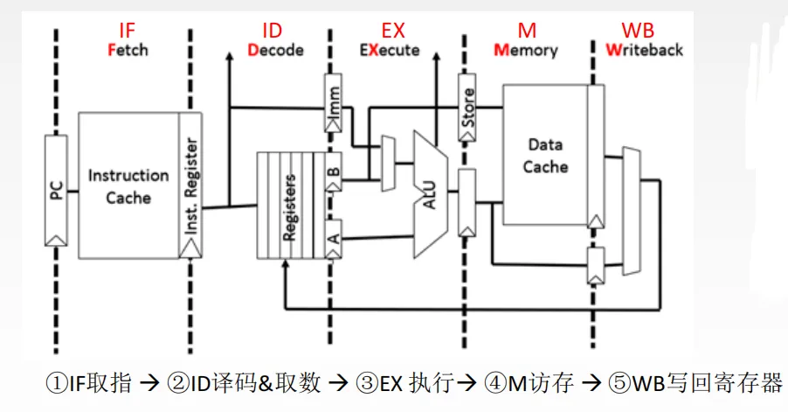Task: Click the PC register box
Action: click(56, 191)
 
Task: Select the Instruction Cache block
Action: click(128, 185)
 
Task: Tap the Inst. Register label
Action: click(191, 185)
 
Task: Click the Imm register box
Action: click(334, 103)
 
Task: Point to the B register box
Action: click(334, 171)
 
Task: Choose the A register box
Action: click(334, 239)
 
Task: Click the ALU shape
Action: click(430, 195)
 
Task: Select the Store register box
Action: click(467, 107)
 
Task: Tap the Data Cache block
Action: click(545, 155)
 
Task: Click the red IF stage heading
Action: click(128, 31)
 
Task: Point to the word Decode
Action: click(275, 50)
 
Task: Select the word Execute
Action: click(390, 50)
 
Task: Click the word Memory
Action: click(526, 51)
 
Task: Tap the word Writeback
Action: click(644, 50)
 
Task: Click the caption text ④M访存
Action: click(529, 383)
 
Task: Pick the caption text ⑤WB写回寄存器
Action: click(695, 383)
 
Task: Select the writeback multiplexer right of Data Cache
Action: click(632, 212)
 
